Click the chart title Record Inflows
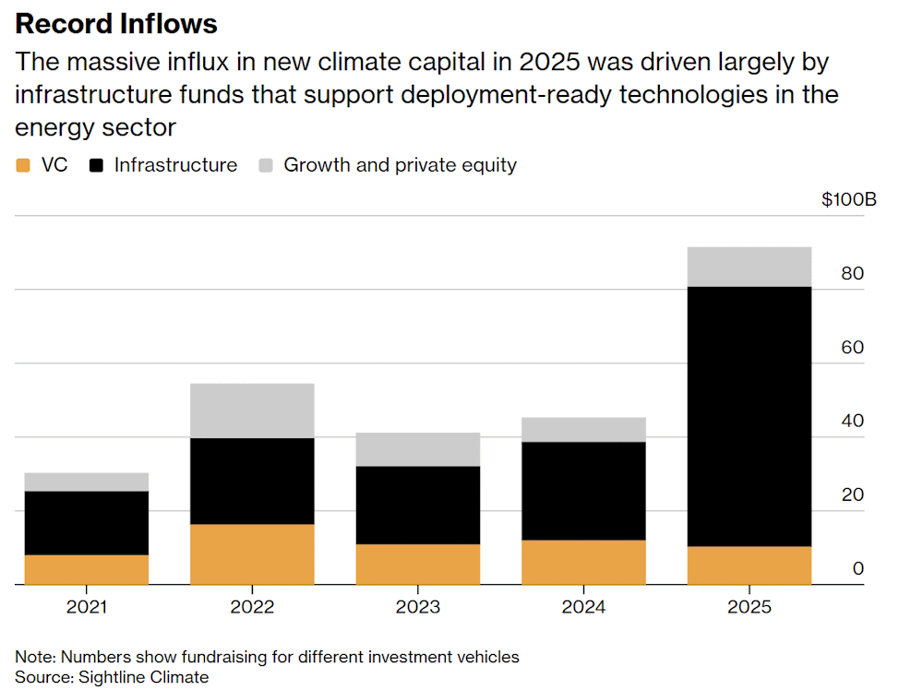(116, 24)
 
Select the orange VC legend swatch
(23, 165)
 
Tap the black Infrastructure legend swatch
(96, 165)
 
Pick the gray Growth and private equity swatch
(266, 165)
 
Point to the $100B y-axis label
(849, 199)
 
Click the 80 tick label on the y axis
(852, 274)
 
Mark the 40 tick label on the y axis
(852, 421)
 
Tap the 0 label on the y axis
(858, 568)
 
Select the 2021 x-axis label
(87, 606)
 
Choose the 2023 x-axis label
(418, 606)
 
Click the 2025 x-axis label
(749, 606)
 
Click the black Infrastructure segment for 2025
(749, 416)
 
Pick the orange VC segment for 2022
(252, 554)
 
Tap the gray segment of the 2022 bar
(252, 410)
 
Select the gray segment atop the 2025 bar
(749, 268)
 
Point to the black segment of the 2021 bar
(87, 523)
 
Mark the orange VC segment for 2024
(583, 563)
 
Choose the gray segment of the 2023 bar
(418, 449)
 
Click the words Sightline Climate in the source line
(144, 677)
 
